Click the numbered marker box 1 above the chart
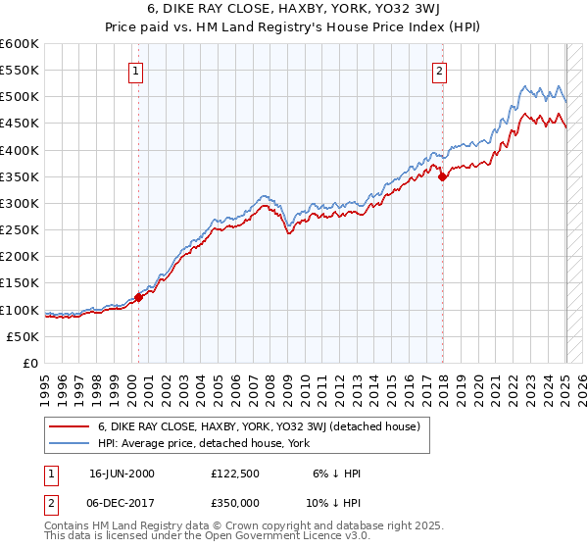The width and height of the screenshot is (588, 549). [x=134, y=70]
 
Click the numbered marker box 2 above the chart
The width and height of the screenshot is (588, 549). [x=440, y=70]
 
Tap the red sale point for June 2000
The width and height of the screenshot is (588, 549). [x=138, y=297]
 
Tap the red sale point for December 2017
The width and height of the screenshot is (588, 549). [x=443, y=176]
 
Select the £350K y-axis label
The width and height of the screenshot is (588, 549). [x=20, y=177]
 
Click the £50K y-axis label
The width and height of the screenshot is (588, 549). [x=23, y=336]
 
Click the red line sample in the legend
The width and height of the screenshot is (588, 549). [x=68, y=426]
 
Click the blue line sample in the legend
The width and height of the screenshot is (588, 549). [x=68, y=444]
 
